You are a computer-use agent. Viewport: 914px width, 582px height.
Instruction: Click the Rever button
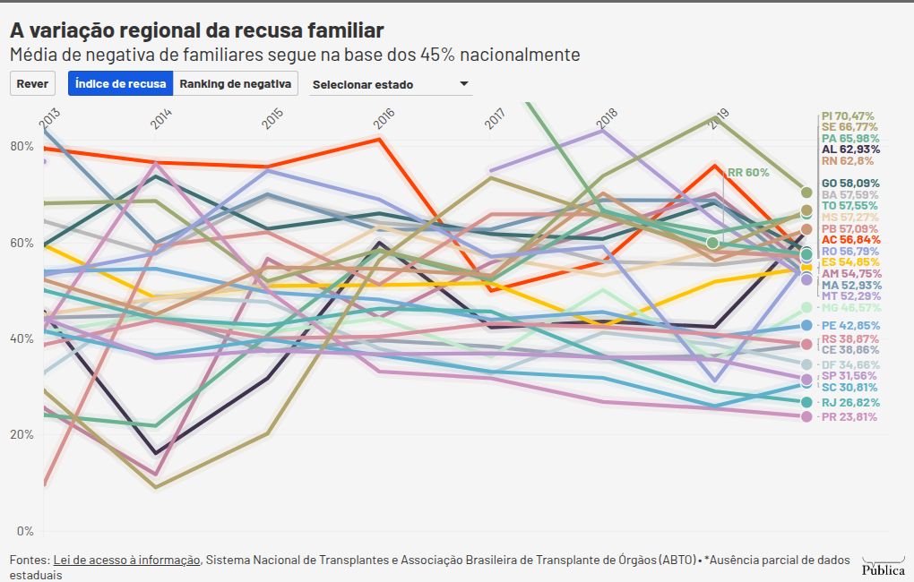(32, 84)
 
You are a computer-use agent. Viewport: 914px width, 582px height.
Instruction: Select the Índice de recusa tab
(120, 84)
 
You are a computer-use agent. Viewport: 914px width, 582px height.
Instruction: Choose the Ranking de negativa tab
(236, 84)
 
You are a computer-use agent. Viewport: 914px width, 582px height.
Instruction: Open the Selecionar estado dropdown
(390, 85)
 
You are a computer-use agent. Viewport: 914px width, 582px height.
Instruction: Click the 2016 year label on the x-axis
(384, 118)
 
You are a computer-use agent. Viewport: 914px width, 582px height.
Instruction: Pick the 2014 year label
(161, 120)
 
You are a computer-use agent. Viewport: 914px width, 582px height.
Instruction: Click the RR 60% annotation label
(747, 172)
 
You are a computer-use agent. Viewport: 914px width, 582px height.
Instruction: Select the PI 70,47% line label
(847, 116)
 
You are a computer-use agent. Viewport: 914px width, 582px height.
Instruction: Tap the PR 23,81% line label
(849, 416)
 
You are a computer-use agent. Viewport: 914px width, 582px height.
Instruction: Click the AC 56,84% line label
(850, 240)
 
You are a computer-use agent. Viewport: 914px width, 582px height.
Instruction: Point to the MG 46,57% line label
(851, 307)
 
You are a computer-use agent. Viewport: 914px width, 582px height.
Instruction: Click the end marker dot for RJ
(806, 403)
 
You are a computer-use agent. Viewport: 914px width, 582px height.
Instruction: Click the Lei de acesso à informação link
(126, 560)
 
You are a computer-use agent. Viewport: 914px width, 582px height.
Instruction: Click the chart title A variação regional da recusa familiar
(197, 30)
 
